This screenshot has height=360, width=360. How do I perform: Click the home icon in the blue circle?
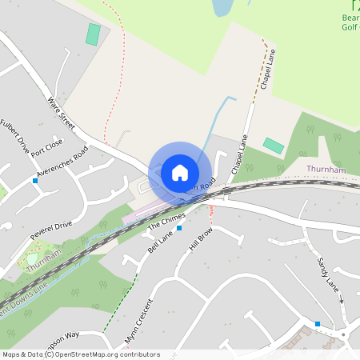point(180,172)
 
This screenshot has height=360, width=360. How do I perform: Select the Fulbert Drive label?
point(14,136)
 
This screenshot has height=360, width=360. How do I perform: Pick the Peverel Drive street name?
point(51,230)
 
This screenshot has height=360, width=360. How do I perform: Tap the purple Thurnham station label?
point(326,170)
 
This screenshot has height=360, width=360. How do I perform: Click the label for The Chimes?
point(166,222)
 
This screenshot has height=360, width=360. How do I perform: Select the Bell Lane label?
point(160,242)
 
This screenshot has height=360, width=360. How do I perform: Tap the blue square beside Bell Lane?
point(179,228)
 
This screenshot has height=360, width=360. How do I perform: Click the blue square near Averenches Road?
point(35,181)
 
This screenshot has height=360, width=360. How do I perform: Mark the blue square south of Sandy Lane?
point(318,324)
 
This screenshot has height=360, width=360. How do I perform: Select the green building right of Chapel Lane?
point(274,146)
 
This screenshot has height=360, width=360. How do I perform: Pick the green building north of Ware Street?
point(94,34)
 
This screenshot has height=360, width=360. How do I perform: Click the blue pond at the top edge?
point(221,7)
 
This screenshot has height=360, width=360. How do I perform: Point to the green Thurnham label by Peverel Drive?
point(43,262)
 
